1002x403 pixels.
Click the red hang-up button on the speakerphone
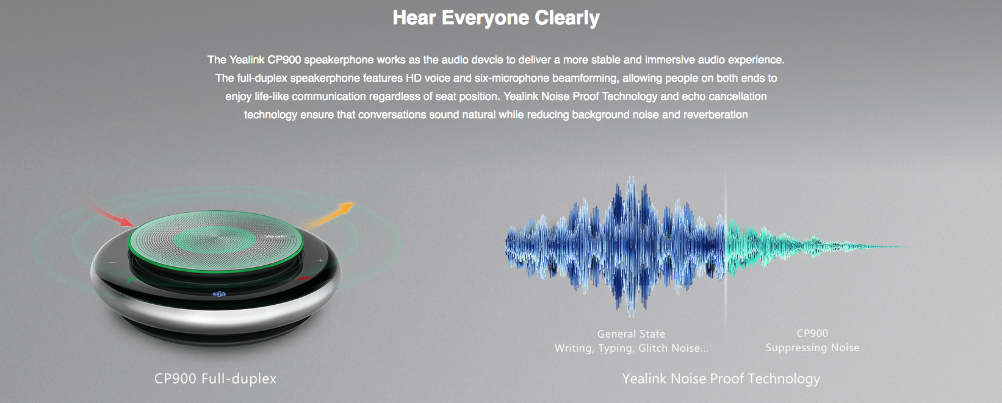coord(305,279)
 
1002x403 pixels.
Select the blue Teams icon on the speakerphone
coord(218,293)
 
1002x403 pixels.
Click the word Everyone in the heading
coord(485,18)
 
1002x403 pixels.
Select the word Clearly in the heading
coord(567,18)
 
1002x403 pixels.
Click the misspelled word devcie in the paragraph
coord(488,60)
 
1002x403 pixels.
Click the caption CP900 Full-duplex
coord(215,379)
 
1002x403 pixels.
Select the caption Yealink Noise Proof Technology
coord(721,379)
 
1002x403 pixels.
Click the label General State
coord(631,333)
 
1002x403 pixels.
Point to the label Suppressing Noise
coord(812,348)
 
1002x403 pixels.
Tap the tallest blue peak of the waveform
coord(631,179)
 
